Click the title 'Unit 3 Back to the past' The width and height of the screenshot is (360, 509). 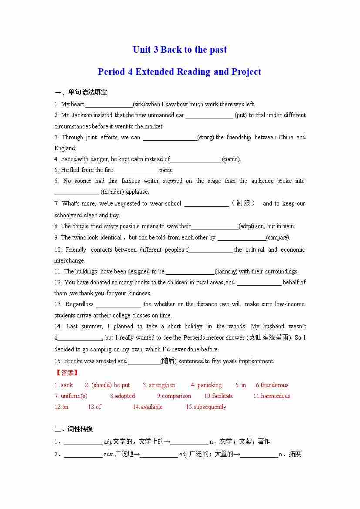180,50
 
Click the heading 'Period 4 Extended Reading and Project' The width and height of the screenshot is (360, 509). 179,72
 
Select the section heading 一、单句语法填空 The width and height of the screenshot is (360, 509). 81,92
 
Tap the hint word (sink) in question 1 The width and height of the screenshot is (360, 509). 139,104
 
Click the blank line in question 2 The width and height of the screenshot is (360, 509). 209,116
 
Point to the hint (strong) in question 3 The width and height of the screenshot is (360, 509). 205,138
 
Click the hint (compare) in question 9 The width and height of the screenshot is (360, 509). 278,238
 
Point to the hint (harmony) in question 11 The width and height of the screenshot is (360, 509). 226,272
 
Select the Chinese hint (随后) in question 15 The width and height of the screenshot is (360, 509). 168,361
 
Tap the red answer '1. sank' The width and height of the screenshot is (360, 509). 64,385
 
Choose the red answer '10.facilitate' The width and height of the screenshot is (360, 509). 219,396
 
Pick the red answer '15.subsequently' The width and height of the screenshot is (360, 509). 206,407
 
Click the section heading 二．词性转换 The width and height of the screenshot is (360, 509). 74,429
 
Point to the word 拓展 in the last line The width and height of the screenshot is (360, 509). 295,454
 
